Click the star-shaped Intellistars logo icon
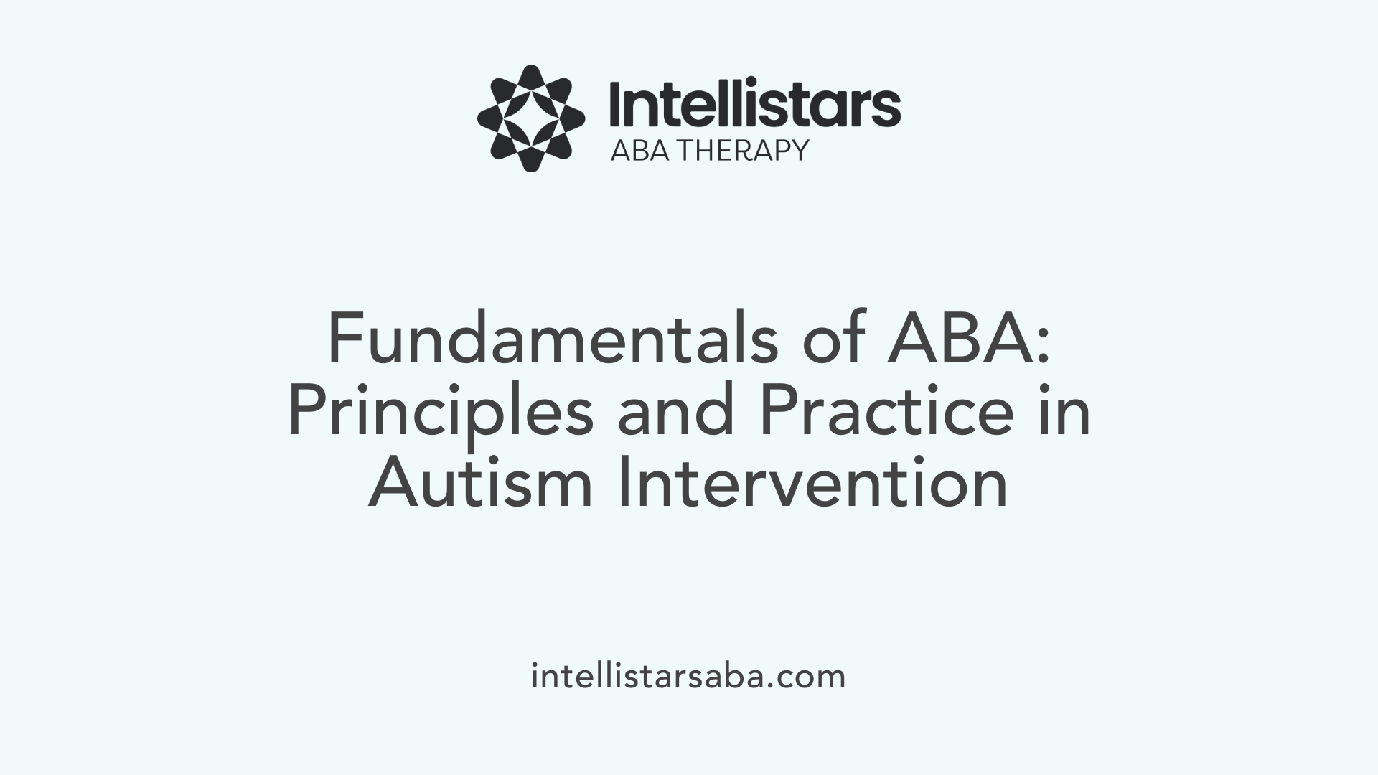coord(531,118)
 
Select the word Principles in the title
coord(440,415)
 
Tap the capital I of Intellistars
coord(615,105)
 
